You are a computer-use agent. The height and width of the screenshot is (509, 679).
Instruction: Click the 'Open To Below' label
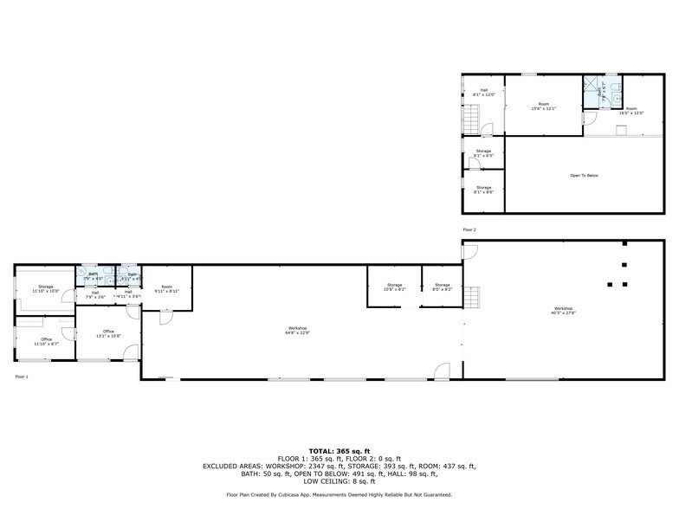coord(584,176)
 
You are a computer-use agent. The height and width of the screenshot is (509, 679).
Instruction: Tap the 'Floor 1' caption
coord(22,377)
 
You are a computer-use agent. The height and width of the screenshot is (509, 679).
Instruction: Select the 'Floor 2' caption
coord(469,229)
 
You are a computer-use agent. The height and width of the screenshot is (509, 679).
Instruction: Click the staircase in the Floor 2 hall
coord(471,118)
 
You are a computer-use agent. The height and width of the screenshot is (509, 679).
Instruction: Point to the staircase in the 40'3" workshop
coord(473,299)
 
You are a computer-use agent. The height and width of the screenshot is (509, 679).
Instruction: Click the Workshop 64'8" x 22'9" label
coord(299,330)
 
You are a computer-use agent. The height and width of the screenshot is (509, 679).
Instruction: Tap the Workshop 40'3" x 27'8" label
coord(564,311)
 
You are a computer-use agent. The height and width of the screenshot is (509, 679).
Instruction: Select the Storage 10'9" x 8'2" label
coord(394,287)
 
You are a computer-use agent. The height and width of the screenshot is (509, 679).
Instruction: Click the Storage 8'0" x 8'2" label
coord(443,287)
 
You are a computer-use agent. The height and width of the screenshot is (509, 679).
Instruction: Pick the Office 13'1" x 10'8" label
coord(108,333)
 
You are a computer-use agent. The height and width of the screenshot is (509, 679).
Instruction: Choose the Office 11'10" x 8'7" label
coord(46,341)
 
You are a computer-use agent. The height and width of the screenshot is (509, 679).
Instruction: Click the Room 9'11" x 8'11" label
coord(166,289)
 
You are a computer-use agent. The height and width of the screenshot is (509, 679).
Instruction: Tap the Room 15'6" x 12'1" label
coord(543,107)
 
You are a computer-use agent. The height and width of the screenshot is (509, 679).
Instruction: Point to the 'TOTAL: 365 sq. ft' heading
coord(339,451)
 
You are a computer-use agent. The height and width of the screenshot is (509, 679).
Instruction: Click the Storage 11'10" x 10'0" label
coord(45,289)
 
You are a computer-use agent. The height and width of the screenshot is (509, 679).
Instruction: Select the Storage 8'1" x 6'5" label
coord(483,153)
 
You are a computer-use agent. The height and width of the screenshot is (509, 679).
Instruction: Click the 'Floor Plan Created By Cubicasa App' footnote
coord(339,494)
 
